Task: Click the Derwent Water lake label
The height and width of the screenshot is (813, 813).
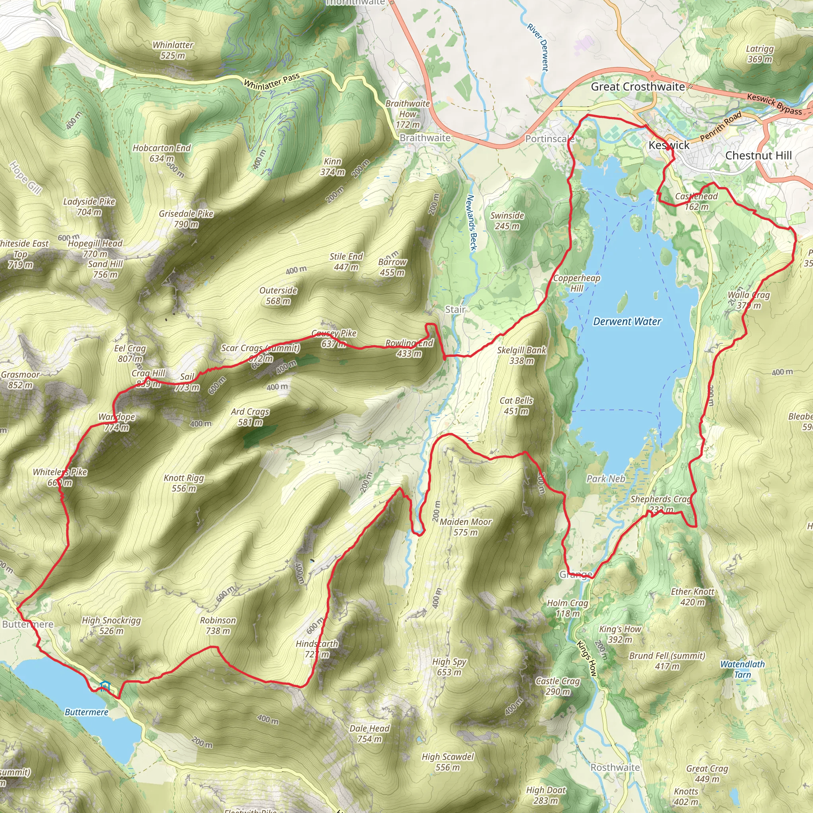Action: [627, 322]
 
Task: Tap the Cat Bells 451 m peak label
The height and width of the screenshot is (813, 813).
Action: [516, 406]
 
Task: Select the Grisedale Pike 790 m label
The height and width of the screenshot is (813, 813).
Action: [186, 219]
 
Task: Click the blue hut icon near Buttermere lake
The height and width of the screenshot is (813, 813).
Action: [105, 687]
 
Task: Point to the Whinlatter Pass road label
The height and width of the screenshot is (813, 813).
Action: [272, 81]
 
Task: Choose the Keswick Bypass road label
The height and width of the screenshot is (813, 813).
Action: [774, 104]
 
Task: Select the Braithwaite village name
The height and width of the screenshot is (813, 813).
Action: [425, 138]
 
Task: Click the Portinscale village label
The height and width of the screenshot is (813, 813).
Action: [549, 139]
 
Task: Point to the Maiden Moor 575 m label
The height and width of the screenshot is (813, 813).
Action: [465, 527]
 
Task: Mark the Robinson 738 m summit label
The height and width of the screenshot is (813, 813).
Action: [218, 625]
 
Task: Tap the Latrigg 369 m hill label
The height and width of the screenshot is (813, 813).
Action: [759, 54]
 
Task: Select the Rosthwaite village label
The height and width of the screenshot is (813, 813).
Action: [615, 767]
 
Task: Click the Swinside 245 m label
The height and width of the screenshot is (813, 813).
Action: [507, 220]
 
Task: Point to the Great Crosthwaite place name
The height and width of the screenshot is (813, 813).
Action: [638, 87]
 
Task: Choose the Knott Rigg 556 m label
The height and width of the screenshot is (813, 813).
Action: [184, 483]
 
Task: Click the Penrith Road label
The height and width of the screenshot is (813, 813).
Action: [721, 126]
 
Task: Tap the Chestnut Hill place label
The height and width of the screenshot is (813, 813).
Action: [758, 156]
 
